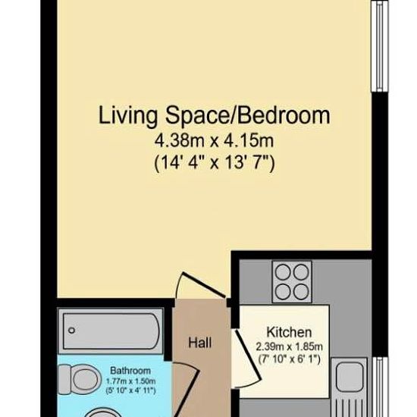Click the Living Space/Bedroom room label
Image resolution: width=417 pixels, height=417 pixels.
coord(215,115)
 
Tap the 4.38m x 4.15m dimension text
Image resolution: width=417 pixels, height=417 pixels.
coord(215,140)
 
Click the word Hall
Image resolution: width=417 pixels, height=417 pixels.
coord(200,343)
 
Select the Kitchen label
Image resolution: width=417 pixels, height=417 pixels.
coord(289,332)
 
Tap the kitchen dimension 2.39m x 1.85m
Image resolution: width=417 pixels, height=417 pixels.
coord(289,346)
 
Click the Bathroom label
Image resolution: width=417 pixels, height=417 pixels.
coord(130,371)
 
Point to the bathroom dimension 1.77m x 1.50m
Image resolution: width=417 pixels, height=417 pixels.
coord(130,381)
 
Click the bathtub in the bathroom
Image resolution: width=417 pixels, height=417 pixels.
coord(111,331)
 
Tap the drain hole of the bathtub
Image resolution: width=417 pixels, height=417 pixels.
coord(71,331)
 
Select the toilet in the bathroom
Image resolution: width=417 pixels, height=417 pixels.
coord(80,379)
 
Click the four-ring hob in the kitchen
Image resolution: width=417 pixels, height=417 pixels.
coord(292,281)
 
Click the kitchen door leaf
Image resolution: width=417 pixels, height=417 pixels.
coord(247,356)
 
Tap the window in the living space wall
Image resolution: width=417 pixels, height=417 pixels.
coord(381,45)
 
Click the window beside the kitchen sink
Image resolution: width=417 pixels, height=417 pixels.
coord(381,387)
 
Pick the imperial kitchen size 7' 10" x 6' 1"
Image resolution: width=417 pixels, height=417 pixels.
coord(290,359)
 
